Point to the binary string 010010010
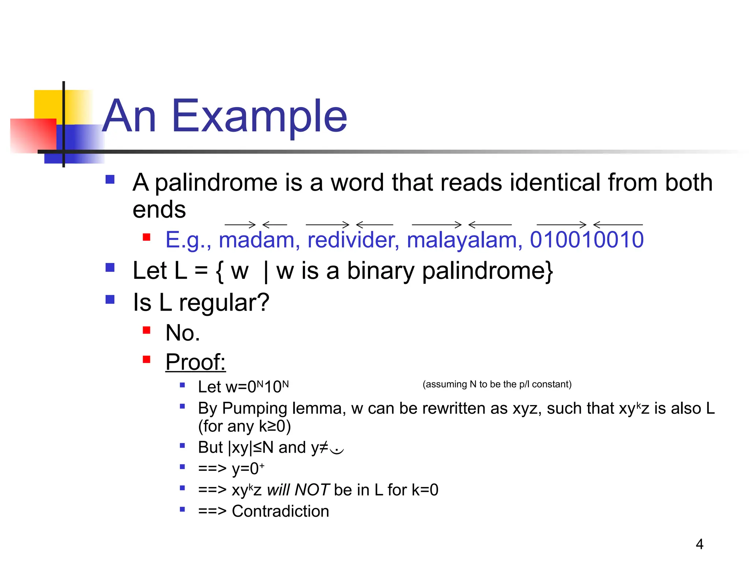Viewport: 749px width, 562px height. click(x=587, y=240)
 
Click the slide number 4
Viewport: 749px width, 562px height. click(x=699, y=544)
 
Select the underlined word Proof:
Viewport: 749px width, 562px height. click(x=195, y=362)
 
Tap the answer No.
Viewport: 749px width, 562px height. click(x=182, y=333)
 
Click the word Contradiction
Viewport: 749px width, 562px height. click(x=280, y=511)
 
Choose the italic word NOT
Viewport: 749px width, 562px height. click(x=312, y=490)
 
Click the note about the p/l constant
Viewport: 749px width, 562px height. click(x=497, y=384)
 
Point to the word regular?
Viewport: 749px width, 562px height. click(x=224, y=303)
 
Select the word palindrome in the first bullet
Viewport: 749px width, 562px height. click(x=216, y=183)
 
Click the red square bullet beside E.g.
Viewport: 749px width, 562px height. click(x=147, y=237)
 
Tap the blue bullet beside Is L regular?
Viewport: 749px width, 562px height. click(x=110, y=300)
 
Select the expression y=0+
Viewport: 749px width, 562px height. click(x=248, y=469)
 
